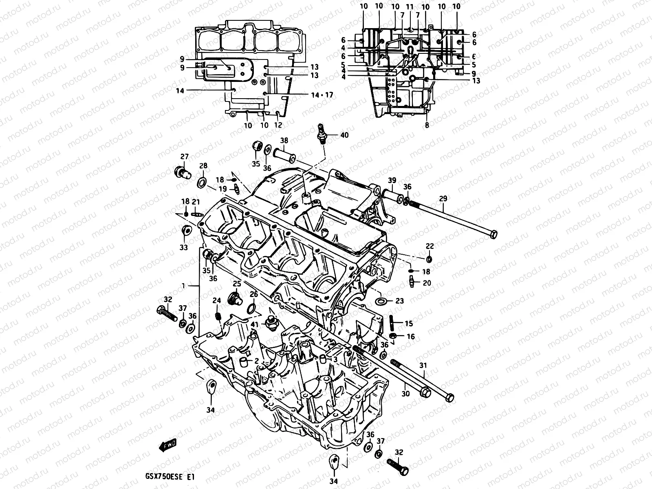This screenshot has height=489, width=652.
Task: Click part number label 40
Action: click(x=344, y=135)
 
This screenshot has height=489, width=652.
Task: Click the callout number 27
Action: click(x=185, y=156)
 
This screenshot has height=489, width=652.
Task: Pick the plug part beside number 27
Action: click(x=182, y=173)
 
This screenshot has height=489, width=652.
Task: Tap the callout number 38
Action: click(x=284, y=141)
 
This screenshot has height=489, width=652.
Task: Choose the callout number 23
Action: click(x=399, y=301)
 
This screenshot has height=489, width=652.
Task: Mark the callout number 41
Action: click(x=255, y=324)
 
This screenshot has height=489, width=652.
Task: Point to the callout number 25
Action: click(x=237, y=283)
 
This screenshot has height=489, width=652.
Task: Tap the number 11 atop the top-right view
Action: click(x=410, y=7)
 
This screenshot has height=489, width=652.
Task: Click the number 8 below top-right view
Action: click(x=427, y=126)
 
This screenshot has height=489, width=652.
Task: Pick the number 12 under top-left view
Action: click(x=278, y=126)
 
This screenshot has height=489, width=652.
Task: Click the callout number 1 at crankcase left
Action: click(x=184, y=286)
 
